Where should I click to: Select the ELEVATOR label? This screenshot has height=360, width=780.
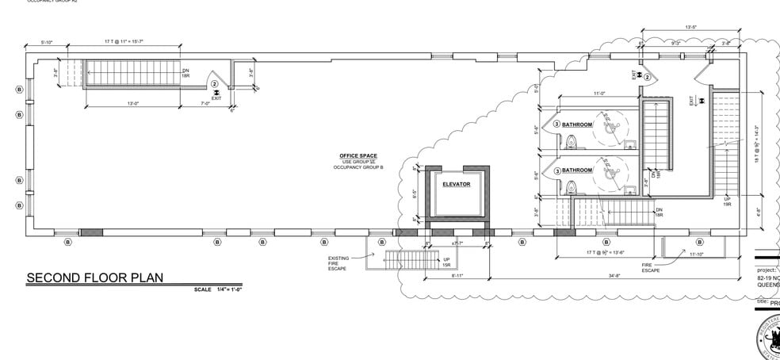(x=456, y=184)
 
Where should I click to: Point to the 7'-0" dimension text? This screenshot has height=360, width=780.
(x=205, y=103)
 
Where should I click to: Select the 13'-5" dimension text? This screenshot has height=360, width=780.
(x=690, y=28)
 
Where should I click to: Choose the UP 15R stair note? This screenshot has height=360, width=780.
(x=446, y=262)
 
